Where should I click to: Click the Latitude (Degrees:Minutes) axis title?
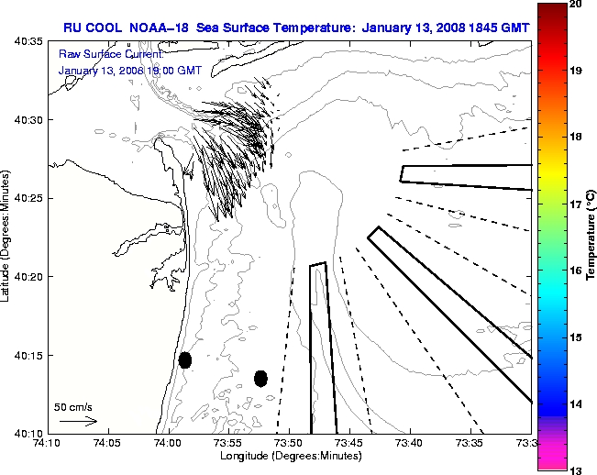(7, 237)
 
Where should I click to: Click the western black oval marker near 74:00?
(184, 359)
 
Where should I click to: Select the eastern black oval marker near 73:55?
(260, 378)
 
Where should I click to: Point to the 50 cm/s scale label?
(73, 406)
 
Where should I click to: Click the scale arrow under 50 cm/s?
(78, 421)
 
